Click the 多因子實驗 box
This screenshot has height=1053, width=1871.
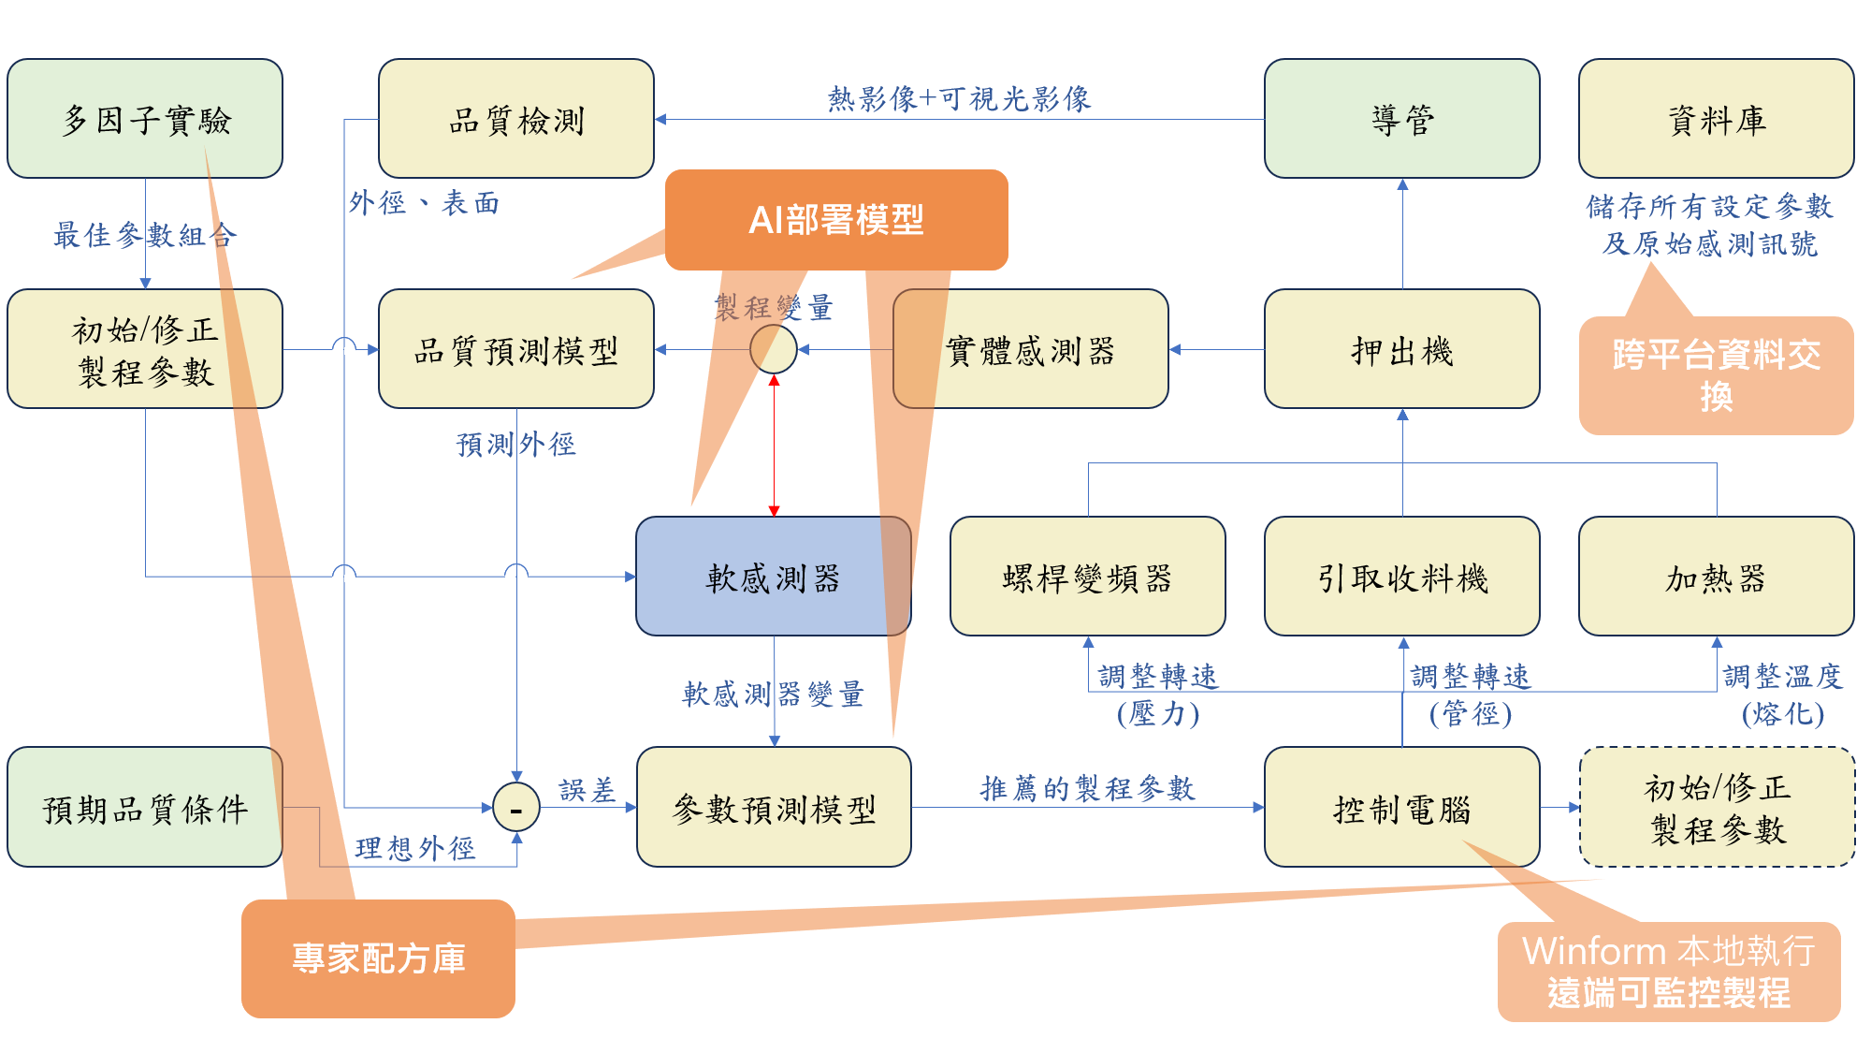[145, 119]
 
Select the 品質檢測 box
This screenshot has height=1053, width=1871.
[515, 119]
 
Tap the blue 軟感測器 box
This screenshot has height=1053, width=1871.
[773, 577]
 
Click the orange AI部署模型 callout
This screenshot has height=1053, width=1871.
[836, 220]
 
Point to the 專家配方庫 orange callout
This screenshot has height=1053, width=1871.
[378, 958]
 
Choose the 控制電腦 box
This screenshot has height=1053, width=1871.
[1401, 807]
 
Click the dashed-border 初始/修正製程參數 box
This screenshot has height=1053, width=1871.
[1717, 807]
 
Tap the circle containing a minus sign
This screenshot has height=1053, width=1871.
[516, 807]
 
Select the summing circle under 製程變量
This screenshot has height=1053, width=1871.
[774, 349]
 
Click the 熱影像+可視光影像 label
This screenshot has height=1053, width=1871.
[959, 98]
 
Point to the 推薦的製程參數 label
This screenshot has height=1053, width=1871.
[1087, 788]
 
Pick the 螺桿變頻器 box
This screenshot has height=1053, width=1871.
[1087, 577]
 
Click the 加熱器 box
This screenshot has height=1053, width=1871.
[1716, 577]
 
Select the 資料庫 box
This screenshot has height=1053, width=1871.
[1716, 119]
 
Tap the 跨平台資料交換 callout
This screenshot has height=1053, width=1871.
[1716, 375]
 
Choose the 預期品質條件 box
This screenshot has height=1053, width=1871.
[145, 807]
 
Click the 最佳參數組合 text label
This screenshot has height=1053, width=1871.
[145, 234]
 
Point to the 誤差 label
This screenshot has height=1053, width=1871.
[587, 790]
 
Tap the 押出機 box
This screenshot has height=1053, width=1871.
[1401, 349]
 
